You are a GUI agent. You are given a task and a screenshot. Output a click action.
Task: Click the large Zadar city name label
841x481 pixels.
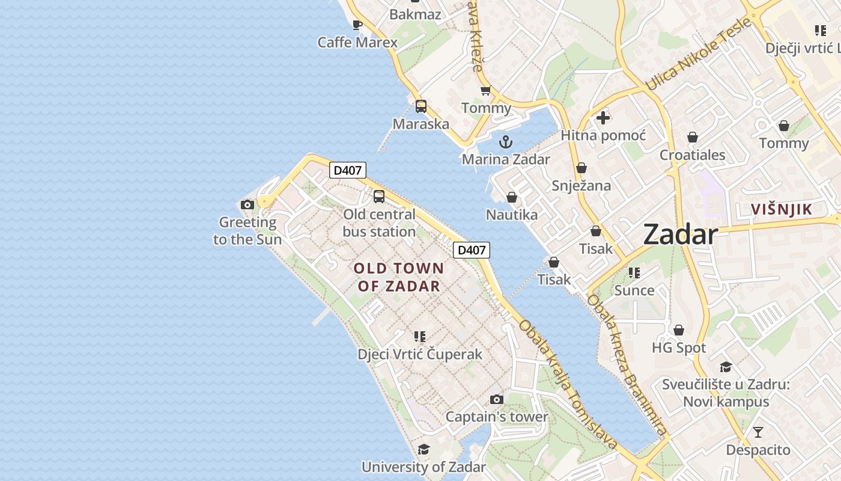point(680,234)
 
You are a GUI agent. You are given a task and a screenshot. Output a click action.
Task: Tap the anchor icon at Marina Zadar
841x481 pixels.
point(506,142)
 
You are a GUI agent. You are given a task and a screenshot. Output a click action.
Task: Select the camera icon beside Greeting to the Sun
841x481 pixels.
point(247,204)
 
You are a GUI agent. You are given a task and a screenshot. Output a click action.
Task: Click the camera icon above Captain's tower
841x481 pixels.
point(496,399)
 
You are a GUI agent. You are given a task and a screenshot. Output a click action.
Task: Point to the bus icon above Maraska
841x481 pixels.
point(421,106)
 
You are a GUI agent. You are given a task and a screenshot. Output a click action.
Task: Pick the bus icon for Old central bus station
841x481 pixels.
point(379,196)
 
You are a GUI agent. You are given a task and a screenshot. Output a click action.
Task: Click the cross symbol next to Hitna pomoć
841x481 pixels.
point(603,118)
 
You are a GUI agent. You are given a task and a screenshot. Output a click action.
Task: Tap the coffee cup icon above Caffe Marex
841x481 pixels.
point(357,25)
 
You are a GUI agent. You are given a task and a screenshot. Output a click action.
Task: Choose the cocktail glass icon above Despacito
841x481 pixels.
point(758,432)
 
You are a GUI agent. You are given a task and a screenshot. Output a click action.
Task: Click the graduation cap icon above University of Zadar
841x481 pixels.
point(424,449)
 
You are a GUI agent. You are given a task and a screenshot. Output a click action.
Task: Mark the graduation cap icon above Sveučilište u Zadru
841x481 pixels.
point(726,367)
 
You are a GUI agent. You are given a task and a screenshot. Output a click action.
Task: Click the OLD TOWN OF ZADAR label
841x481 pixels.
point(399,277)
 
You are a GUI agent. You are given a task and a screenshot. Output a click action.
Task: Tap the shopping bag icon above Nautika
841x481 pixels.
point(512,197)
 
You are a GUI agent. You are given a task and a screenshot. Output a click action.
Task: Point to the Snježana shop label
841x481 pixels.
point(581,185)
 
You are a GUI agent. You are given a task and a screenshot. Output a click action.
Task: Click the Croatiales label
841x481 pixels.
point(693,155)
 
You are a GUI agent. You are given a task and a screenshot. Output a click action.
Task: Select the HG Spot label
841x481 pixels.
point(679,348)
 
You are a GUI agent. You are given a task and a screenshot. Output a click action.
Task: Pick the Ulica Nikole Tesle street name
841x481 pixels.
point(699,55)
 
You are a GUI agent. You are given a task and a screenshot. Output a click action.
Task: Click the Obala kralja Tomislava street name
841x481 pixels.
point(568,385)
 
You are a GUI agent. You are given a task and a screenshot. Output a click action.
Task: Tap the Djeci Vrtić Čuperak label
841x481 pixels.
point(420,354)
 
